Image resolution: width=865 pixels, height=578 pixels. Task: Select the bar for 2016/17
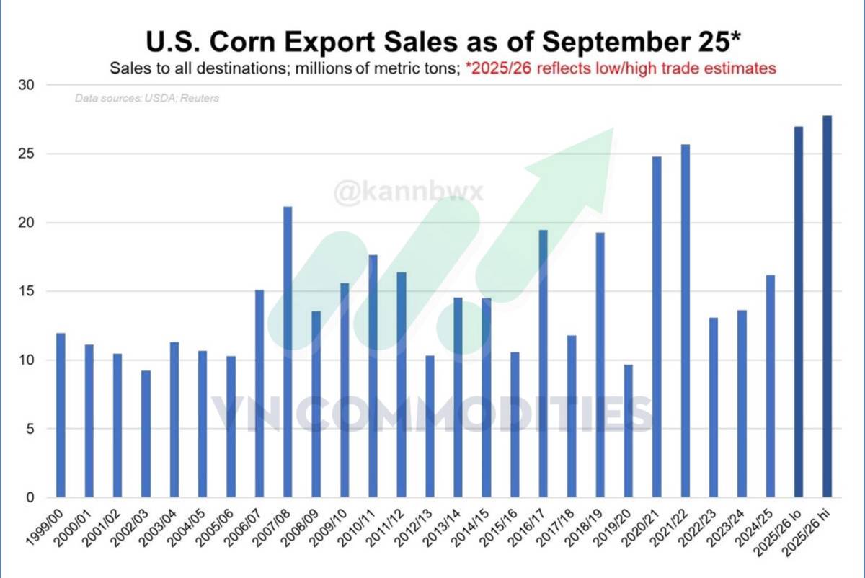[x=543, y=364]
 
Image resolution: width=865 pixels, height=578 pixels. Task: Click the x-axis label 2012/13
[x=418, y=530]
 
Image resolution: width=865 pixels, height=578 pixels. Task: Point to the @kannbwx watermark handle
[x=408, y=192]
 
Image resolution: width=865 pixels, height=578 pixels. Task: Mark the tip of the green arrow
[x=613, y=130]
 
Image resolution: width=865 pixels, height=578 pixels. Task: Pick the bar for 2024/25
[x=770, y=386]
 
